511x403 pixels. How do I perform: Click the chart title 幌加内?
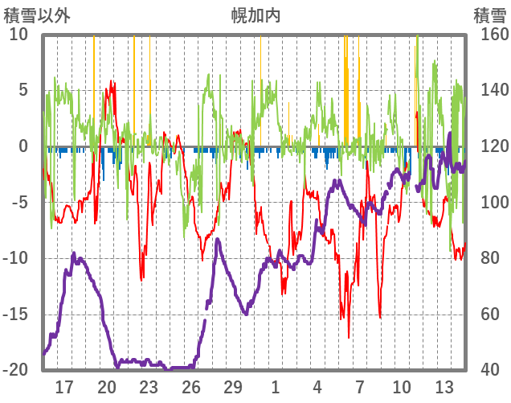point(255,16)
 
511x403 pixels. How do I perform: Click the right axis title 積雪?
point(489,16)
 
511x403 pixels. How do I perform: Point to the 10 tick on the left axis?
point(19,35)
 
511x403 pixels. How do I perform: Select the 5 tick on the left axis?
point(23,90)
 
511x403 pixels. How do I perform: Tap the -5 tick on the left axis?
point(21,202)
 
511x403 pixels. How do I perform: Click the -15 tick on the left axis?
point(18,314)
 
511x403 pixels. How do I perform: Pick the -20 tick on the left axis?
point(18,370)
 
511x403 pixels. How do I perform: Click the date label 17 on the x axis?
point(64,387)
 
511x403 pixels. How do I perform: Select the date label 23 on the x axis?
point(149,387)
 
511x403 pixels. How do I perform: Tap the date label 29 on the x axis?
point(233,387)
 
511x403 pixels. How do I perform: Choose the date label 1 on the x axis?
point(276,387)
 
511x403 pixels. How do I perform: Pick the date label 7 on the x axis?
point(360,387)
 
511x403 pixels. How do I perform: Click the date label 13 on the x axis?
point(444,387)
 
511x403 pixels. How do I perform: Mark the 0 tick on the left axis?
point(23,146)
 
